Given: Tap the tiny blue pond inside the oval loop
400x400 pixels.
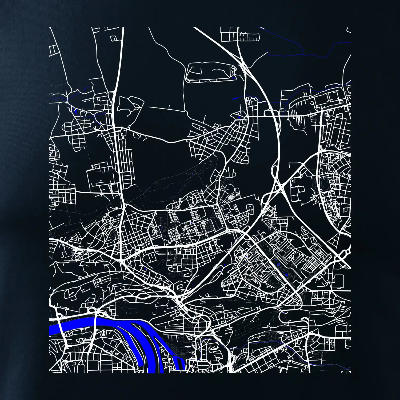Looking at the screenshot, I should tap(234, 78).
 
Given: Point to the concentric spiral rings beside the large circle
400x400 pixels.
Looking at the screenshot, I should tap(231, 198).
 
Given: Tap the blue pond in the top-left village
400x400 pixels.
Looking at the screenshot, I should tap(75, 110).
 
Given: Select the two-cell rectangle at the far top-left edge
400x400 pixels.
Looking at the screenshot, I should tap(54, 51).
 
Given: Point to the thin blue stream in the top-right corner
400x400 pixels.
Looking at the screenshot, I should tap(307, 53).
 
